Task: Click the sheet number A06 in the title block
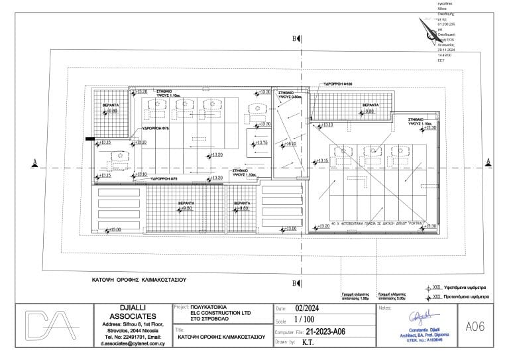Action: (x=476, y=326)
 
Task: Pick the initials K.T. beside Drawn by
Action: (x=308, y=343)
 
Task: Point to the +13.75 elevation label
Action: (x=260, y=143)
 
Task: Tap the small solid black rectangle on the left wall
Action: (x=88, y=139)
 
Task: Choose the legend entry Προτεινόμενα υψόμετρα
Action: (x=465, y=298)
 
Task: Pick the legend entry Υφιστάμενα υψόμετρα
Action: (x=464, y=288)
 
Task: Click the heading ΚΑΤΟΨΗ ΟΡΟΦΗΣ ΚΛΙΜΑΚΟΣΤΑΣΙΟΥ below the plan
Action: (x=137, y=280)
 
